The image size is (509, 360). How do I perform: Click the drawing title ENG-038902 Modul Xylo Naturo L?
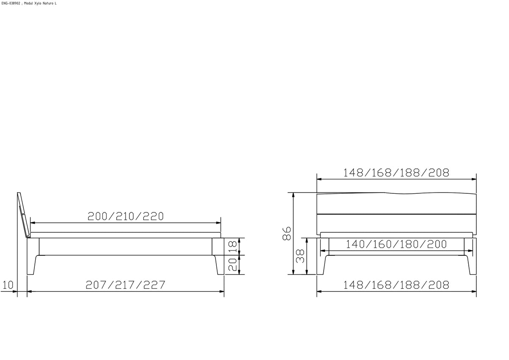29,3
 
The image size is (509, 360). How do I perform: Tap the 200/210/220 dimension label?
126,216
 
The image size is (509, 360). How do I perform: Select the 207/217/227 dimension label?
126,285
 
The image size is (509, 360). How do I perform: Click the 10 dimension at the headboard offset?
8,285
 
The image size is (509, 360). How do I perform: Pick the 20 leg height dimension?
232,265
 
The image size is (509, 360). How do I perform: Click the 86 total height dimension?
287,233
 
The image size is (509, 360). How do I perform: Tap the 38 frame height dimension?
300,256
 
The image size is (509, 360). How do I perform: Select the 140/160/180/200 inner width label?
396,244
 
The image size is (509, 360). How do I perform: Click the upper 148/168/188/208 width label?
396,173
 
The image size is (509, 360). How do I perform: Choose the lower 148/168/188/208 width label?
396,285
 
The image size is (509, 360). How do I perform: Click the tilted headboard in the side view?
24,215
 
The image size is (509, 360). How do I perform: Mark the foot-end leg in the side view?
219,265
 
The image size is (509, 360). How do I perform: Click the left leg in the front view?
321,265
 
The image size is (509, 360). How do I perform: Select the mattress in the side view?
126,235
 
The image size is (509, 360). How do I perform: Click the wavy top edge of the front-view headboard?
397,193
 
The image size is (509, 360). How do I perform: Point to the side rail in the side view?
126,246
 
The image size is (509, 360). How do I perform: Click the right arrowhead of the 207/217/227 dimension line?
222,291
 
